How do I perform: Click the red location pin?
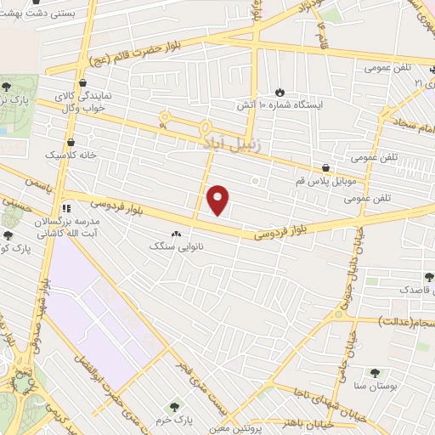pyautogui.click(x=219, y=200)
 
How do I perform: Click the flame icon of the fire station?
pyautogui.click(x=280, y=92)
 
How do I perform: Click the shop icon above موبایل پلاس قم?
pyautogui.click(x=326, y=167)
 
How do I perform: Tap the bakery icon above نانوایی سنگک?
pyautogui.click(x=176, y=233)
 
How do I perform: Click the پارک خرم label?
pyautogui.click(x=177, y=421)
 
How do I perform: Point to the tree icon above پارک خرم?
pyautogui.click(x=175, y=406)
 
